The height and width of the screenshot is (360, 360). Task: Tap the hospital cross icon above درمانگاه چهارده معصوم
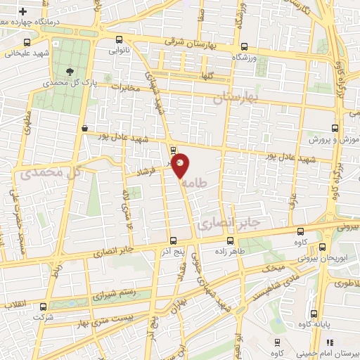pyautogui.click(x=24, y=13)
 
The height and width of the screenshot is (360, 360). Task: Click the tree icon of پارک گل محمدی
pyautogui.click(x=69, y=71)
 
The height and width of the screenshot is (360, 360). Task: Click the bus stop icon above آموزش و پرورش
pyautogui.click(x=334, y=129)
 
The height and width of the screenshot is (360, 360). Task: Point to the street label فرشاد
pyautogui.click(x=148, y=171)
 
